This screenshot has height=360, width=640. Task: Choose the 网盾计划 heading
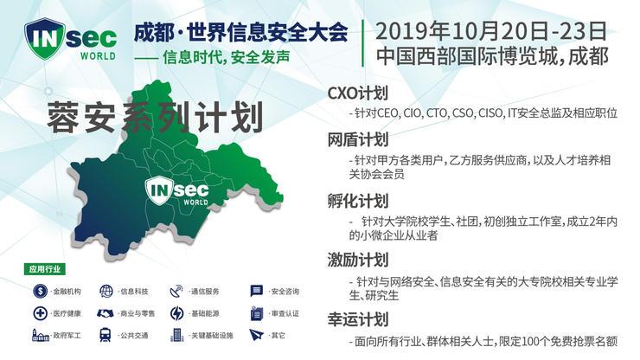(x=357, y=139)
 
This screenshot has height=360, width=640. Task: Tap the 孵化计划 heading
(x=357, y=200)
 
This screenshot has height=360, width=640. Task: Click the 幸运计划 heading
(x=357, y=318)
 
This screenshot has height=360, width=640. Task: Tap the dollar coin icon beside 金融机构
(x=40, y=291)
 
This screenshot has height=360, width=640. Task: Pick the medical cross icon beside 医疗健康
(x=40, y=312)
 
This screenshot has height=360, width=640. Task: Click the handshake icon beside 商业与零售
(x=105, y=312)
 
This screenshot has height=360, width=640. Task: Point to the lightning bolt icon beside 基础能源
(x=177, y=312)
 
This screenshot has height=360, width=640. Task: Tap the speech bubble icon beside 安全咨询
(x=256, y=291)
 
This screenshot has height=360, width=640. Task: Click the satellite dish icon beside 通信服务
(x=177, y=291)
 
